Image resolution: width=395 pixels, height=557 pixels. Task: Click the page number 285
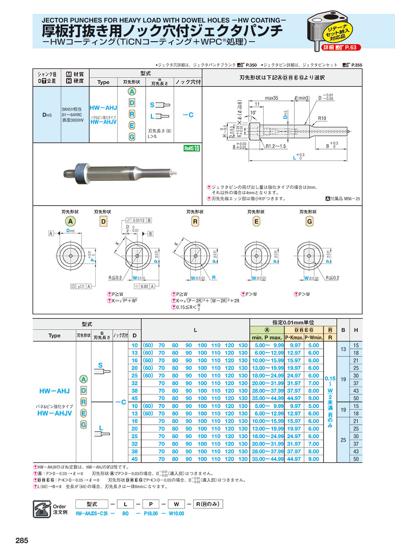[x=22, y=541]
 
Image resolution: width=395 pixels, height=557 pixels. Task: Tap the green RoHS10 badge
[x=192, y=148]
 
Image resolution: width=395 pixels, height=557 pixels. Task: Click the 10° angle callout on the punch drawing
[x=253, y=113]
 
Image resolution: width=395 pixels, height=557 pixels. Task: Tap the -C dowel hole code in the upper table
[x=188, y=115]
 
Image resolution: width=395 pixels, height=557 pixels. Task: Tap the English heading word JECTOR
[x=56, y=20]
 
